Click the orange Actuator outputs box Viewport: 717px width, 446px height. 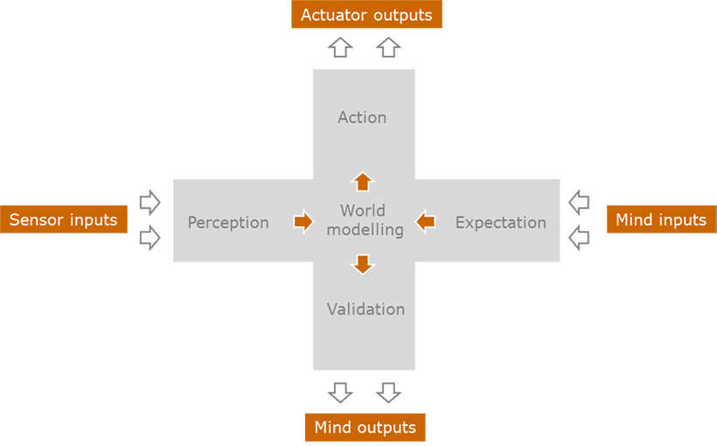coord(366,14)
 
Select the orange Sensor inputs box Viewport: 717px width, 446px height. coord(64,220)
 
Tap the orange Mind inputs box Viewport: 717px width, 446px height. coord(662,220)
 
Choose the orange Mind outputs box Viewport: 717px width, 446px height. coord(365,428)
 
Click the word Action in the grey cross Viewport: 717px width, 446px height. coord(362,117)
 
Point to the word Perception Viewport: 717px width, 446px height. coord(228,223)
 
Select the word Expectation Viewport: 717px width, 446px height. coord(501,223)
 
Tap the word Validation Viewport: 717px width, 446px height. coord(365,310)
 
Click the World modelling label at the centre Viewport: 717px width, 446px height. coord(365,220)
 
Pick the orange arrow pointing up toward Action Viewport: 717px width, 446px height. coord(363,182)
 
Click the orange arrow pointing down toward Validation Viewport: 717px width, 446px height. coord(363,264)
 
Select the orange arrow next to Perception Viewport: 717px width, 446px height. coord(303,222)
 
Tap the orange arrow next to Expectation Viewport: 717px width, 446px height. coord(425,222)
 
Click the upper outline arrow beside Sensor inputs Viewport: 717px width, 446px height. coord(150,202)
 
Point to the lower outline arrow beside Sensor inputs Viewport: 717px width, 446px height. coord(150,238)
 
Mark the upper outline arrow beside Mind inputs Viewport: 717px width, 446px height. coord(579,202)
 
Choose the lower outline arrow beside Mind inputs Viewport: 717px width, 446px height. coord(579,238)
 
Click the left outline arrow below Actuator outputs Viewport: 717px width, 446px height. coord(340,47)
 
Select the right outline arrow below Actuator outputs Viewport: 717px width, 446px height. coord(389,47)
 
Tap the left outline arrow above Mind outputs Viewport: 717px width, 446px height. coord(340,393)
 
